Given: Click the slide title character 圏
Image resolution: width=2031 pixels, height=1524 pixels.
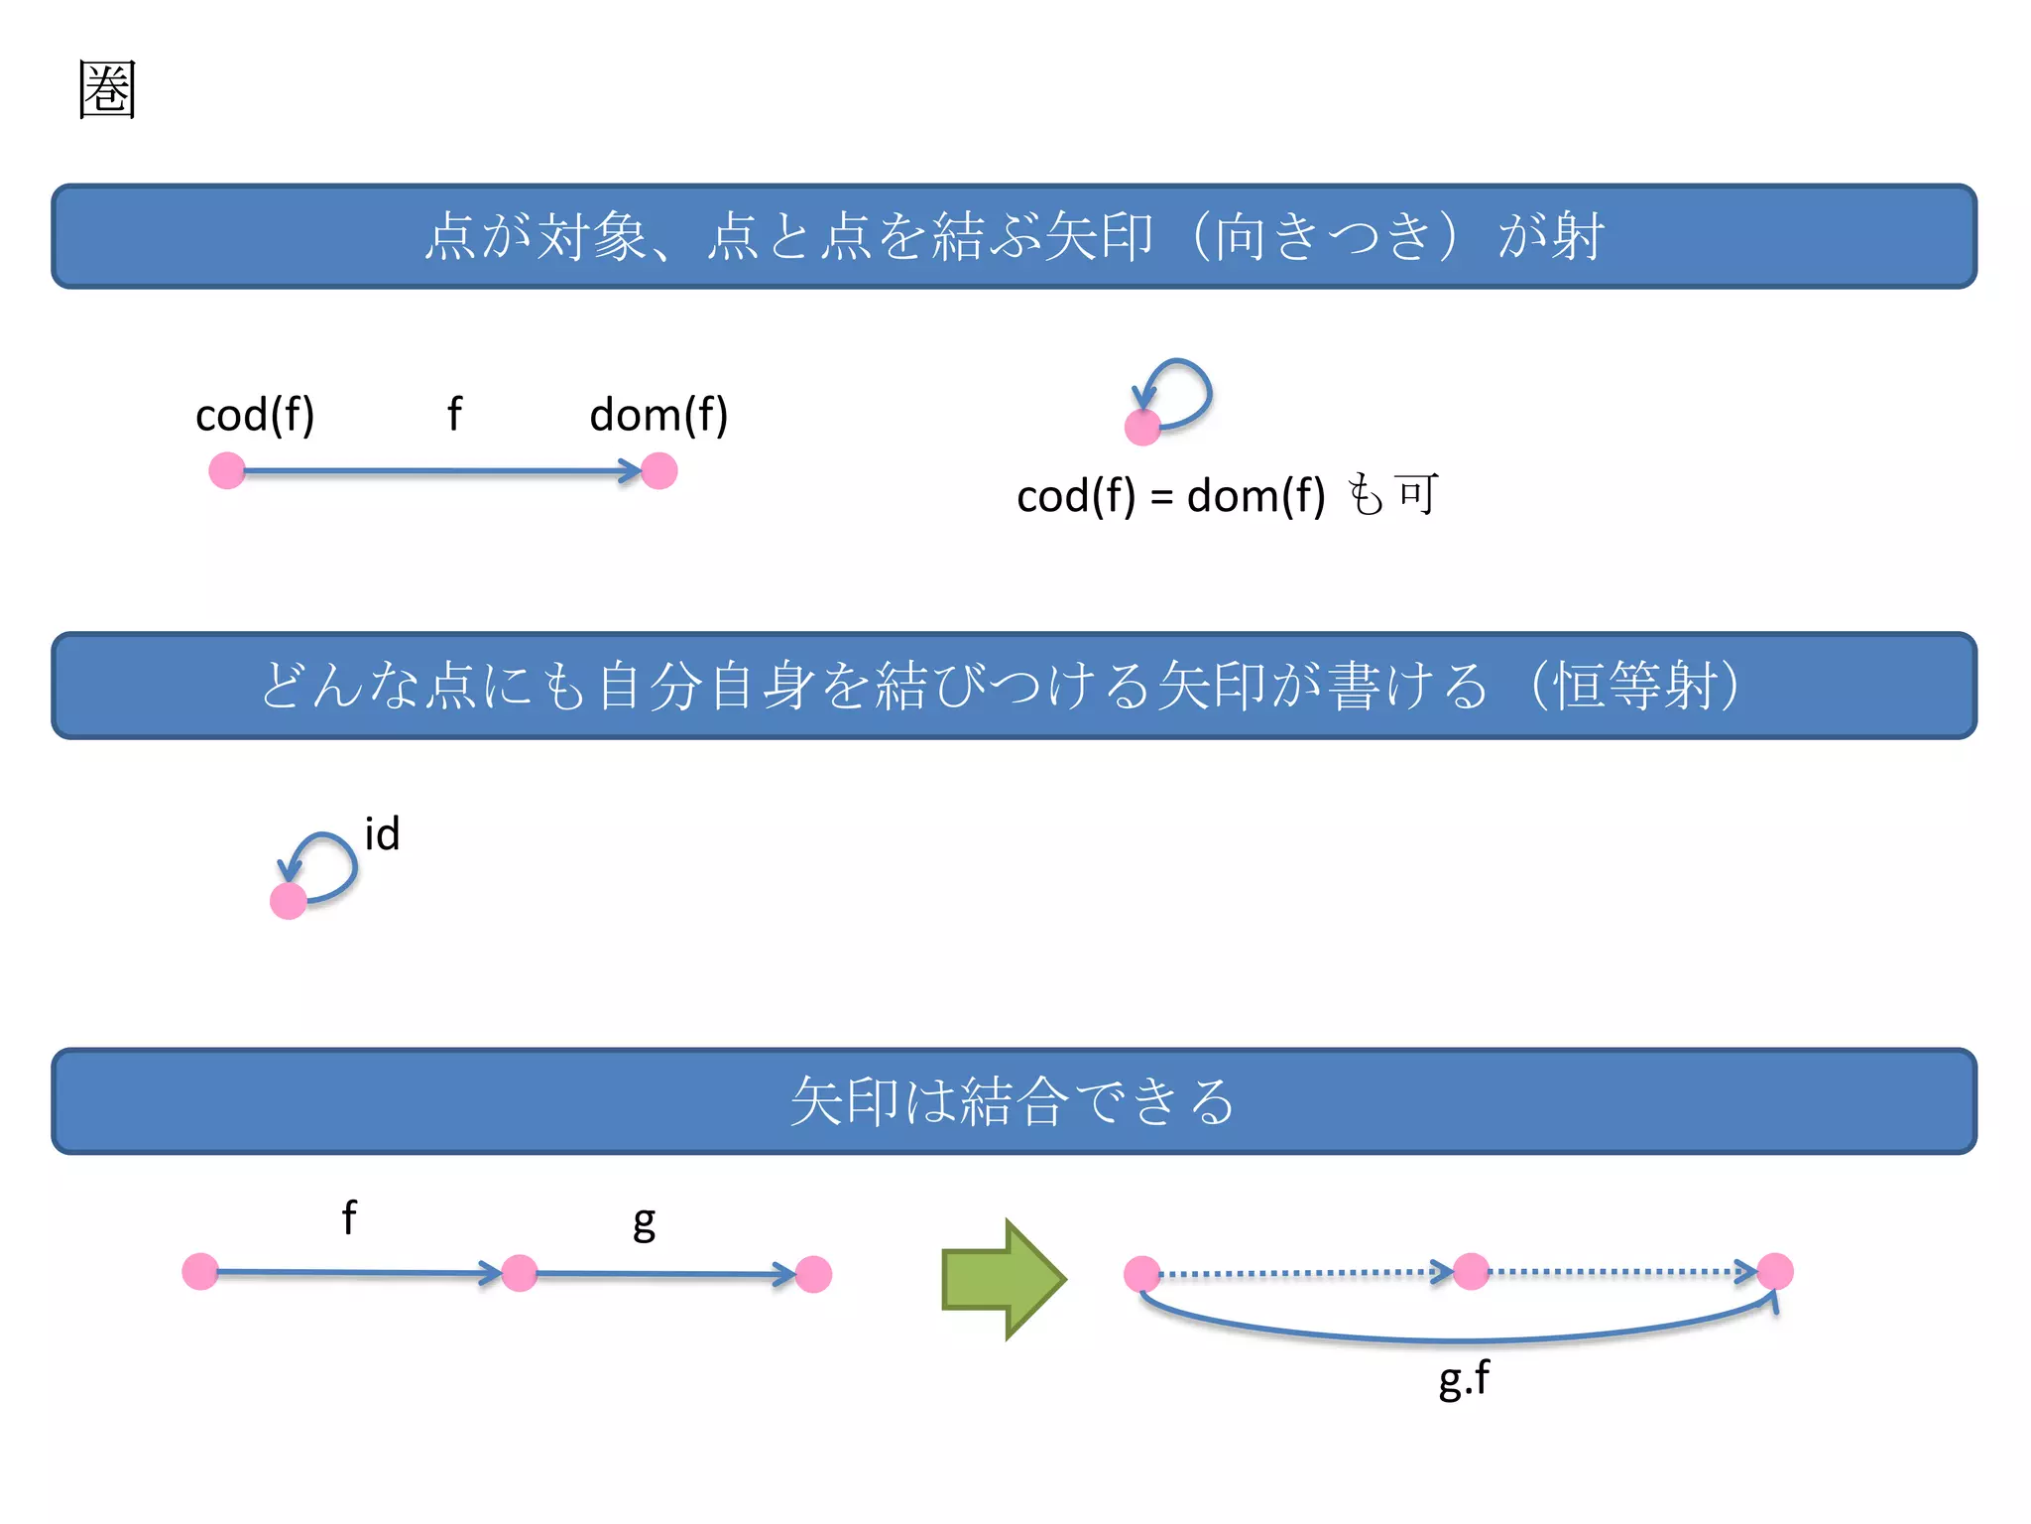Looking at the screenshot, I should [107, 89].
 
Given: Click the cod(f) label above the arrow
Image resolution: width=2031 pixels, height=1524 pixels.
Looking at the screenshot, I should [255, 415].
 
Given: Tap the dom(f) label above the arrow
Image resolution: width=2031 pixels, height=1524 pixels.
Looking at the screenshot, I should [658, 415].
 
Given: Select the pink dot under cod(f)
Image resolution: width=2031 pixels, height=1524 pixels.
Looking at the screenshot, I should [227, 470].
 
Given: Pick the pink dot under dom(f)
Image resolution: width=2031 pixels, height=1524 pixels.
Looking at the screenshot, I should [659, 470].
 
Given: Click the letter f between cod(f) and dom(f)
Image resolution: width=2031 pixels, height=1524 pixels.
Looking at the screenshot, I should [454, 414].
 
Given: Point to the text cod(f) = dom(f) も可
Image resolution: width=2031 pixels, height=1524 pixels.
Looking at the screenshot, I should [1227, 495].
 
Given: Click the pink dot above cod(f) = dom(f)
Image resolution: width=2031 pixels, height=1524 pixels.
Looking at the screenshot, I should [1142, 428].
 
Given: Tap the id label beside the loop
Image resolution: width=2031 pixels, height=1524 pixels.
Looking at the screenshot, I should [382, 834].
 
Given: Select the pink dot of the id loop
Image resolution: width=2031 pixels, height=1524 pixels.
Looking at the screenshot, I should [289, 901].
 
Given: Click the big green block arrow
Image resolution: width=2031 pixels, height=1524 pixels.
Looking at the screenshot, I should [1003, 1279].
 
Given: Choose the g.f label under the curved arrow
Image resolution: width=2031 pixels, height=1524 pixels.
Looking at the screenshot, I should [1464, 1378].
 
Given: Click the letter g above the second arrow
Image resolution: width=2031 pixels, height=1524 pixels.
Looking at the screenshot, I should [645, 1223].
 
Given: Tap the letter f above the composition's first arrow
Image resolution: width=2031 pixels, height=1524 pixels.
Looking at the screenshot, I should [349, 1217].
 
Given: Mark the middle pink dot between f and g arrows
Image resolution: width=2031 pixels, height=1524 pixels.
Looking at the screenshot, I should [520, 1273].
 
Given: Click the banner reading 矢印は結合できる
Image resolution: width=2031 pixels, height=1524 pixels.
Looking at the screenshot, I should [1014, 1101].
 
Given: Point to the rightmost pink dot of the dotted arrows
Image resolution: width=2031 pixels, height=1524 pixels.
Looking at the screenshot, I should [1775, 1271].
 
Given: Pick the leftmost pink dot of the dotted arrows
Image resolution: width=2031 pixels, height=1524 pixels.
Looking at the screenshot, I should [1142, 1273].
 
